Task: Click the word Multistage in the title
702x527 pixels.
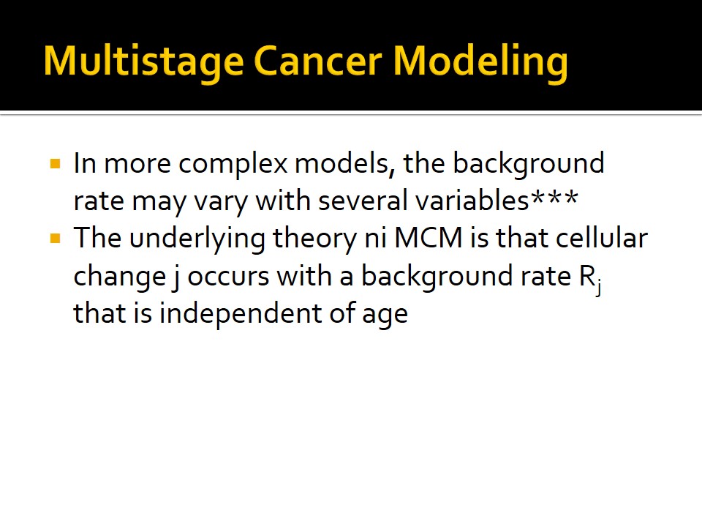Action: [144, 61]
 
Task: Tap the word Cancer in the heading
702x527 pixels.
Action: [318, 61]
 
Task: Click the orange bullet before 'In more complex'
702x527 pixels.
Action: [56, 163]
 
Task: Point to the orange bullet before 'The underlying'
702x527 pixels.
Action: [56, 239]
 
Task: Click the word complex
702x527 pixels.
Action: [233, 165]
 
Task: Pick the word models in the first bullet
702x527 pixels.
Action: [344, 163]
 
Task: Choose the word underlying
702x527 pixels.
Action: [197, 239]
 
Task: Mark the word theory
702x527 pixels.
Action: [314, 239]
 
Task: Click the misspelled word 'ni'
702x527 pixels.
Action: [376, 239]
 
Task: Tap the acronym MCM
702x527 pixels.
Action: [429, 238]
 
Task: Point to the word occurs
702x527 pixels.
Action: [228, 277]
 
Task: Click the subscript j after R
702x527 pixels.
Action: [598, 287]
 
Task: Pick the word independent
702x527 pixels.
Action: [241, 314]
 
